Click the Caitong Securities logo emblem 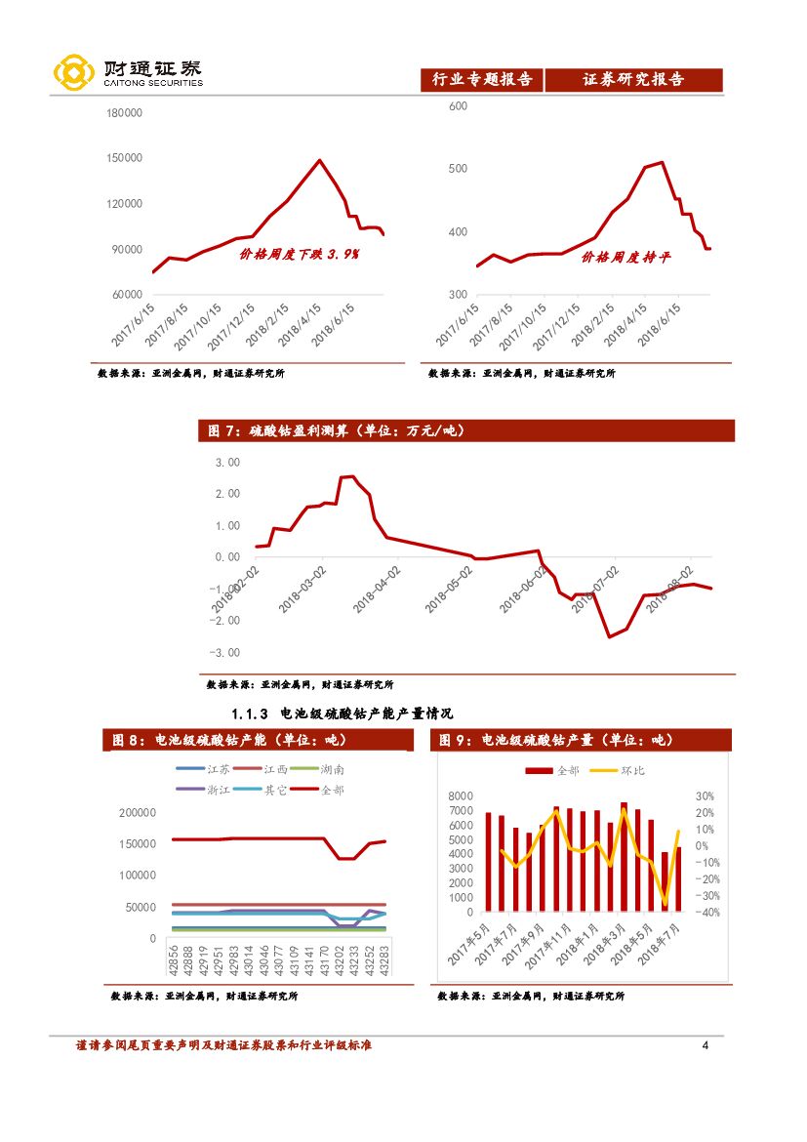tap(73, 73)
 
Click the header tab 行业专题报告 tap(482, 80)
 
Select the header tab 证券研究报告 tap(633, 80)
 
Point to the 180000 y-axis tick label tap(124, 113)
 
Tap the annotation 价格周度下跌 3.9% tap(300, 255)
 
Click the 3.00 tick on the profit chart tap(226, 462)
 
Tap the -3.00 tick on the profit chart tap(225, 652)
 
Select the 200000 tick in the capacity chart tap(138, 812)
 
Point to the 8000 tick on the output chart tap(460, 796)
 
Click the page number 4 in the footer tap(706, 1046)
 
